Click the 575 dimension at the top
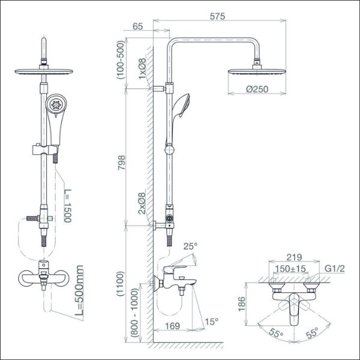pyautogui.click(x=217, y=16)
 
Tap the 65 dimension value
pyautogui.click(x=138, y=26)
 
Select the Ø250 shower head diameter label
pyautogui.click(x=257, y=89)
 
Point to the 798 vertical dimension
pyautogui.click(x=121, y=163)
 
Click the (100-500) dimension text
pyautogui.click(x=121, y=59)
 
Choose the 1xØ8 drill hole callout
pyautogui.click(x=142, y=68)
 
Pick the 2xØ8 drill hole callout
pyautogui.click(x=142, y=203)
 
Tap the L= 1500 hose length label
pyautogui.click(x=68, y=206)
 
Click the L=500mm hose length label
pyautogui.click(x=79, y=290)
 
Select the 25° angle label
pyautogui.click(x=190, y=247)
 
